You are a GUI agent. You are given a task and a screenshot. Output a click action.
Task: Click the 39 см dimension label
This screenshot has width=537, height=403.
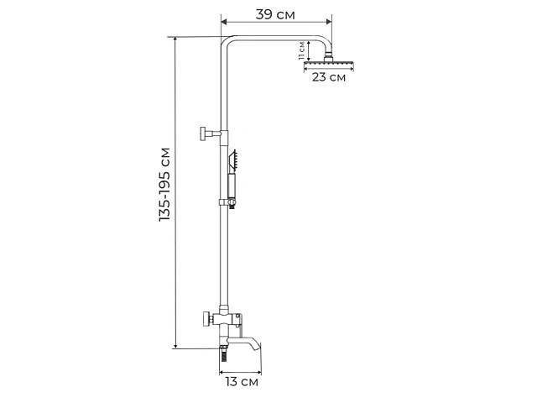tap(275, 14)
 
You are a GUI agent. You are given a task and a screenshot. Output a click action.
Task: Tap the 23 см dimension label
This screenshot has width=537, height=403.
tap(328, 77)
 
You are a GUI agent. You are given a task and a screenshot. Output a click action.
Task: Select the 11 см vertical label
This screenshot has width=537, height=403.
tap(301, 50)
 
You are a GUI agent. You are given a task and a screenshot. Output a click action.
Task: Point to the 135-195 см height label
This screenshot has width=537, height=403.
tap(164, 185)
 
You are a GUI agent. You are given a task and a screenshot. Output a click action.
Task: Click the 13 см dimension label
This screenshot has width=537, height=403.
tap(242, 381)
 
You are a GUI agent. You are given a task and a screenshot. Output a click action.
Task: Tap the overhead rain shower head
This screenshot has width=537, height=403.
tap(329, 64)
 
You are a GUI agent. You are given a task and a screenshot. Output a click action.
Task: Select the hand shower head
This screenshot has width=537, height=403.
tap(233, 160)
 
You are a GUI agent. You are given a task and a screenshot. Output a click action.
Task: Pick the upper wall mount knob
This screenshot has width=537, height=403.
tap(203, 133)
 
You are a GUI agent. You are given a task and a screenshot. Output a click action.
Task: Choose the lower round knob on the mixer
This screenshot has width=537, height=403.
tap(206, 320)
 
